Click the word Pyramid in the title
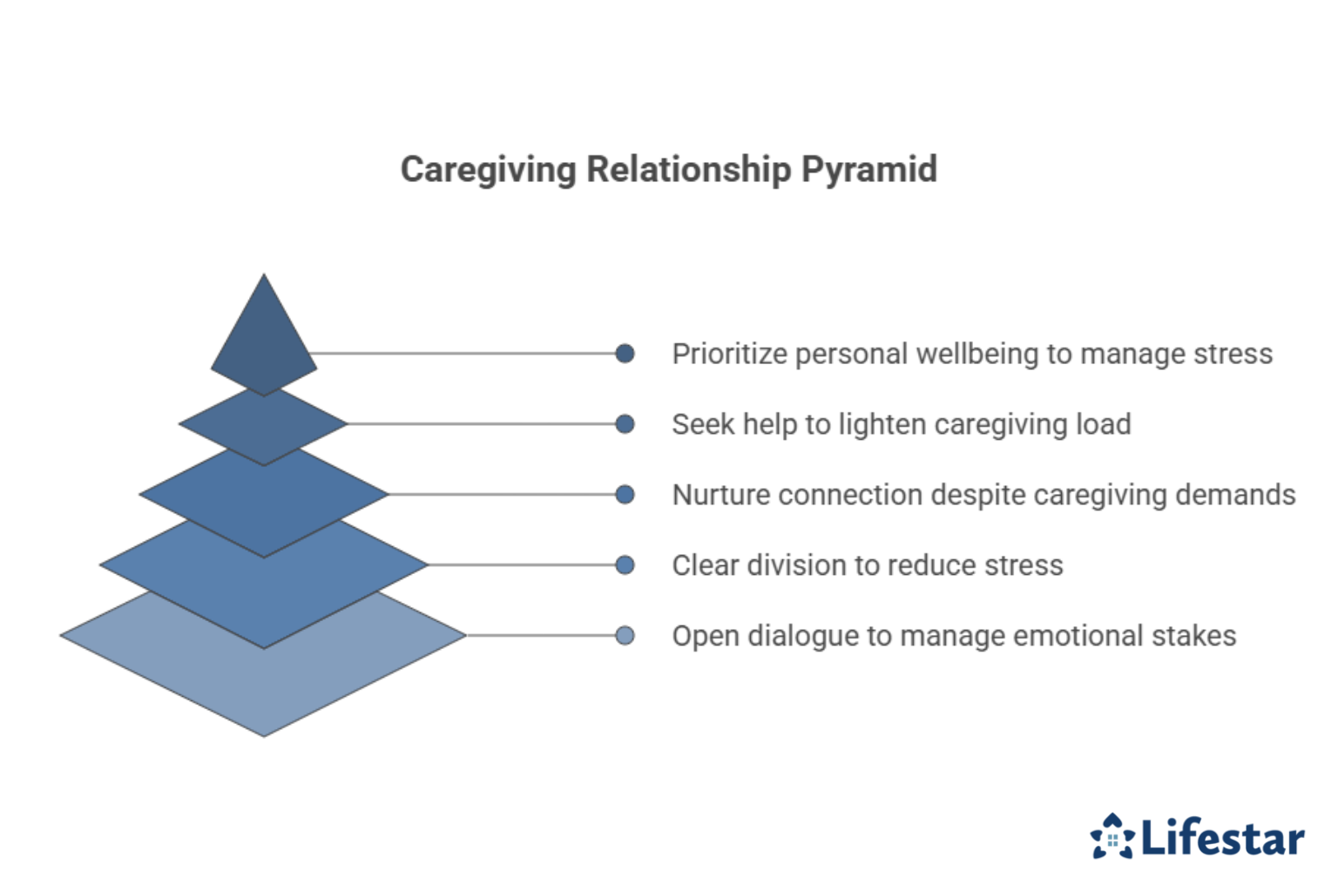[868, 170]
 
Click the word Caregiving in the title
[488, 170]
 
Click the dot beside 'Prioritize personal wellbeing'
[625, 354]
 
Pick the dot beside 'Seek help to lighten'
[625, 424]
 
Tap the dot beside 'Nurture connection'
[625, 495]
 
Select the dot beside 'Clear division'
[625, 565]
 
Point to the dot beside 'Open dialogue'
[625, 636]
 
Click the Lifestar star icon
[1112, 837]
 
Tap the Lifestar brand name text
[1222, 838]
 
